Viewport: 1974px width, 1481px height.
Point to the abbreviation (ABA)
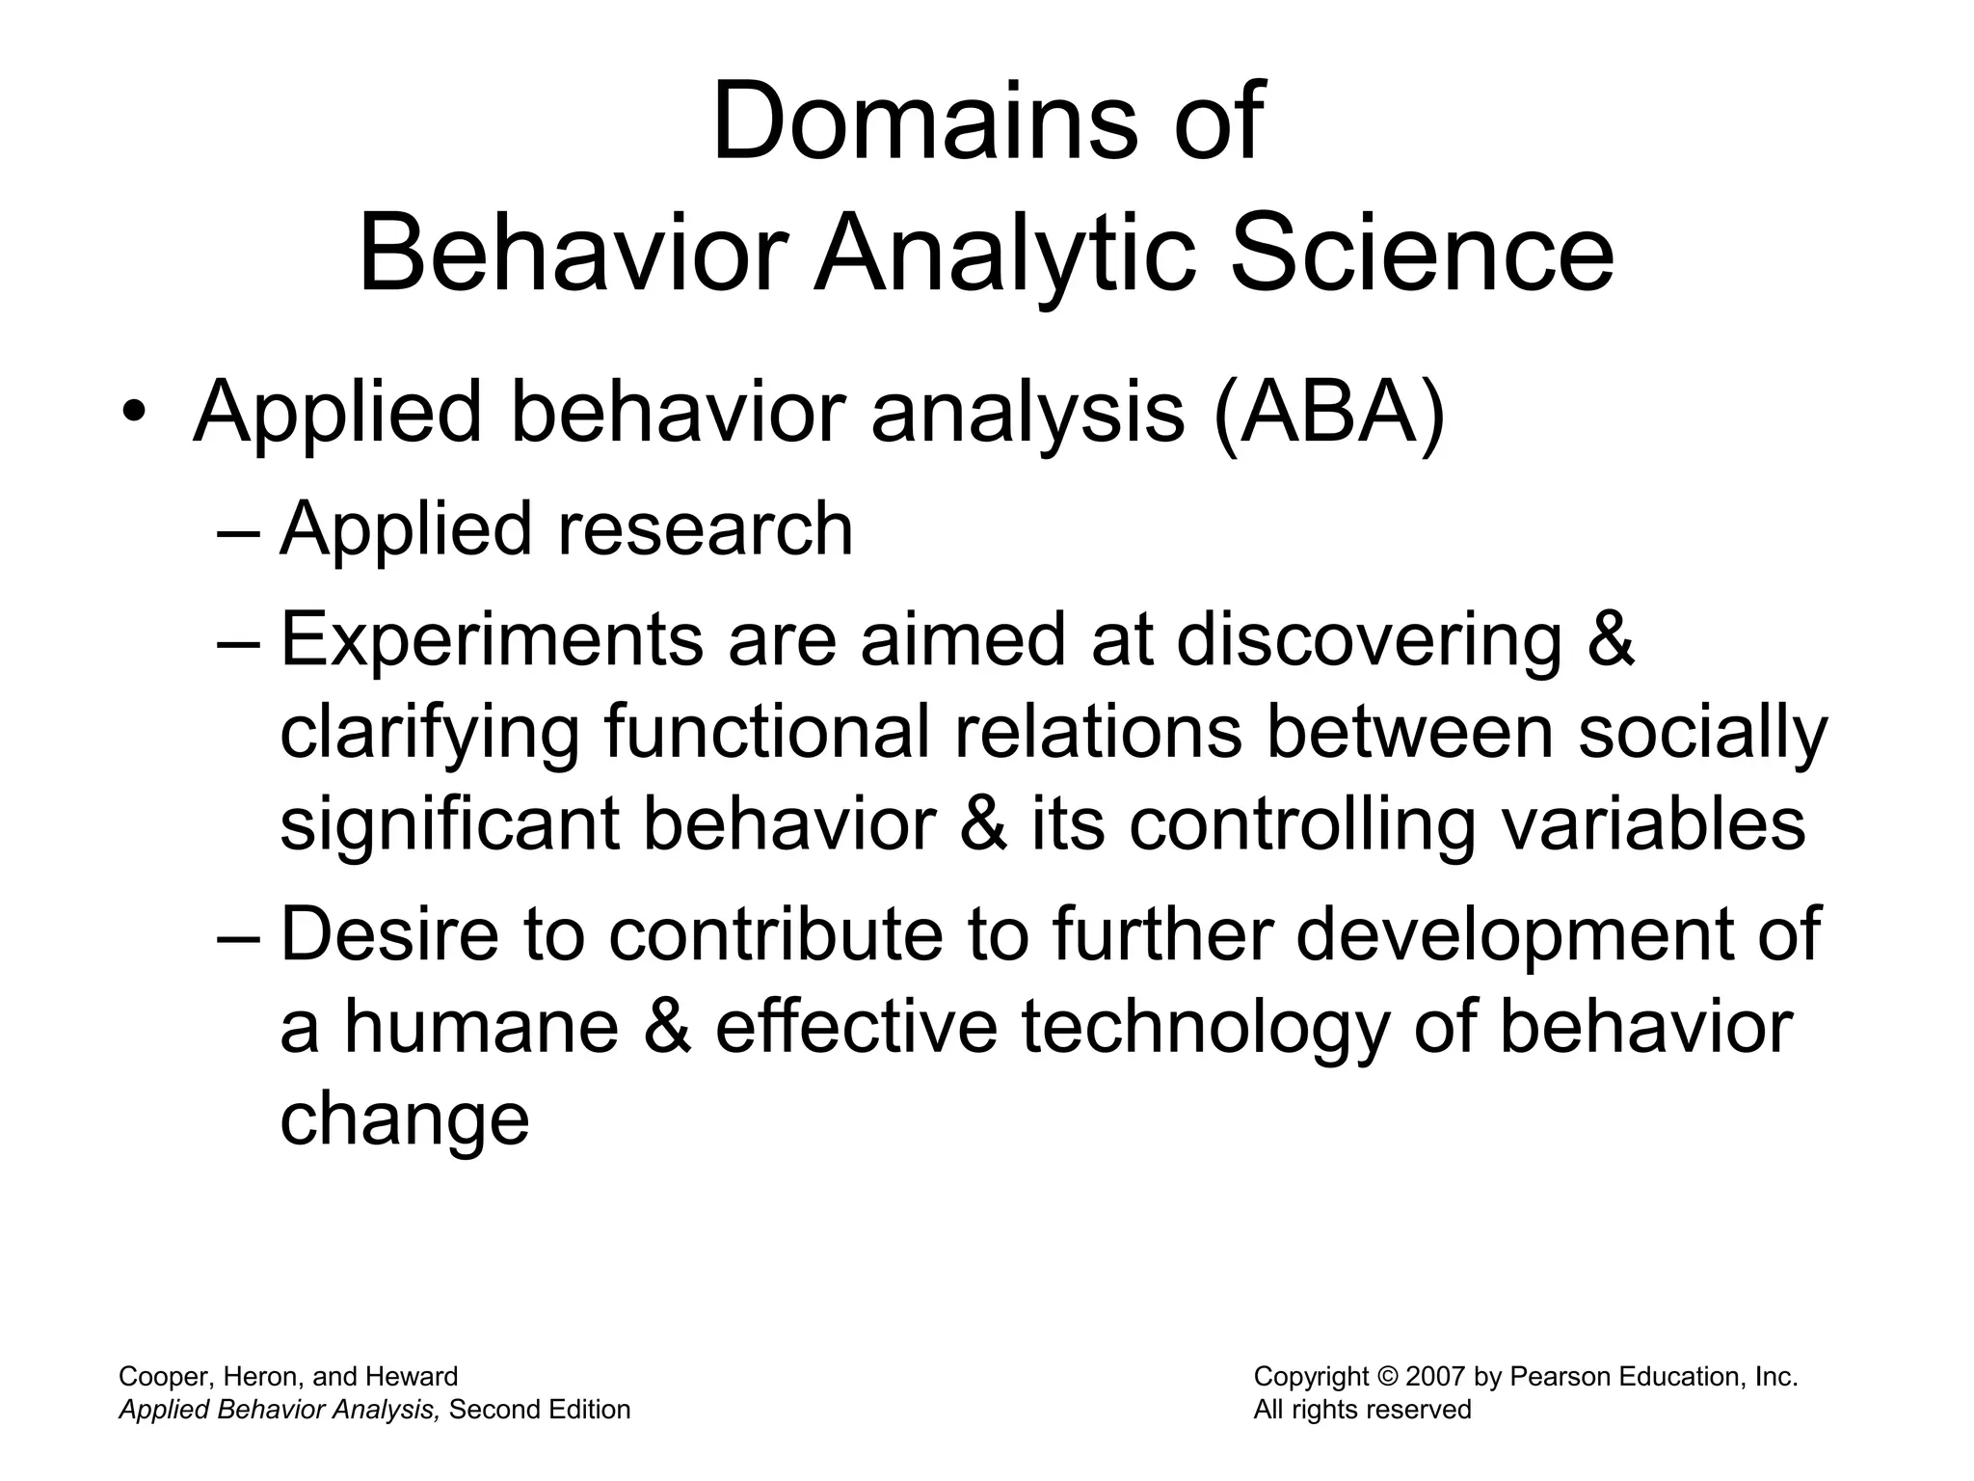(1329, 414)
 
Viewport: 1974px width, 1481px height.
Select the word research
(705, 529)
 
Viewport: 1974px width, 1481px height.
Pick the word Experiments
(492, 640)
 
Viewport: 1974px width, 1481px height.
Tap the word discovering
(1369, 640)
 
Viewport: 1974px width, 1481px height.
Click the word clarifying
(429, 733)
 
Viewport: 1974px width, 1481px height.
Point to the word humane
(482, 1026)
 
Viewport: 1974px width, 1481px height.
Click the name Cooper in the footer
(159, 1377)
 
